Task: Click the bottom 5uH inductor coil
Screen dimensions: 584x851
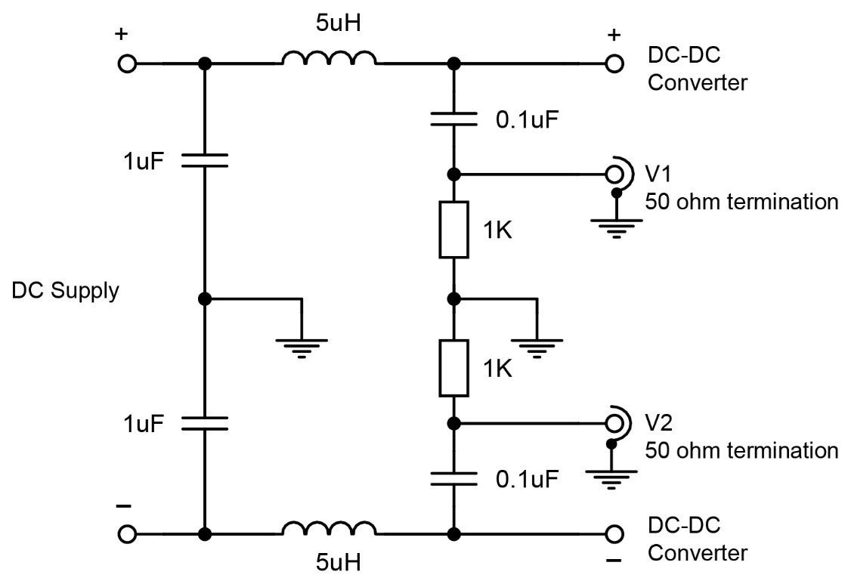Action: (329, 529)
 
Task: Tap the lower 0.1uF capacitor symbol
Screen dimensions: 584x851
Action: (453, 477)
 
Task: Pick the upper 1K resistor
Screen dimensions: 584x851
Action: (453, 229)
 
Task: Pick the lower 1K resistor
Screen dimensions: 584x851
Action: (453, 368)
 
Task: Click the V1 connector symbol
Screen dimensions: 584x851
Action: (617, 174)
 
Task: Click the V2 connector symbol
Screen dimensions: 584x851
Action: (617, 422)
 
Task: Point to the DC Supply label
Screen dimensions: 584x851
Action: (66, 291)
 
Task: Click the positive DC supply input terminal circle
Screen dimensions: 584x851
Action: (127, 64)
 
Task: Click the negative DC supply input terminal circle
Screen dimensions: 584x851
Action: (127, 534)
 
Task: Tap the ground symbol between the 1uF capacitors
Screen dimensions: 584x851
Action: (302, 346)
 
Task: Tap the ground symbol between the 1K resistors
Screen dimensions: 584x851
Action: (536, 346)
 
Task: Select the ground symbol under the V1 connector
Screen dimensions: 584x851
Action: (617, 226)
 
